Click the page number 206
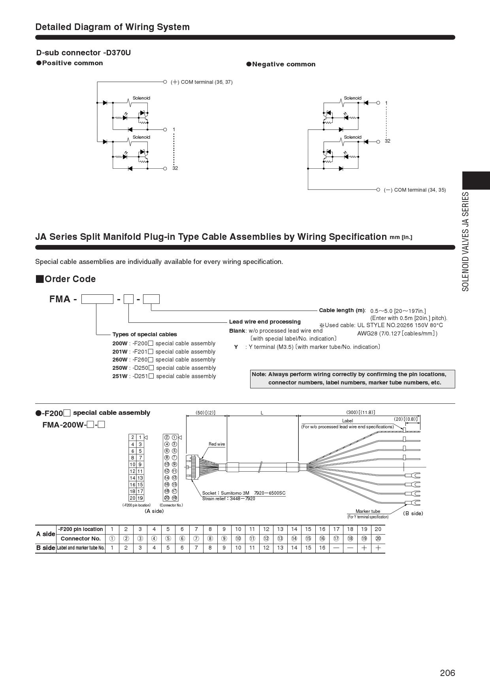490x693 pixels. (x=447, y=672)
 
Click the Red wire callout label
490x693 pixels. (x=217, y=444)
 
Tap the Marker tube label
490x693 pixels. (x=367, y=511)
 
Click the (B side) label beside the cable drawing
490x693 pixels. (x=413, y=513)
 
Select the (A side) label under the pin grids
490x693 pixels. (x=154, y=511)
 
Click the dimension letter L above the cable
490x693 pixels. (x=262, y=413)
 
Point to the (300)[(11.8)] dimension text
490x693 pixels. (x=360, y=412)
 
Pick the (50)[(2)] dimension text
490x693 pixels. (x=205, y=413)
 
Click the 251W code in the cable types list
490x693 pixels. (x=120, y=376)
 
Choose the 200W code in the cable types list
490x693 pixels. (x=120, y=343)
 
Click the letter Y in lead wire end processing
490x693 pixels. (x=236, y=347)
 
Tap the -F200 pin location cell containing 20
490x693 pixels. (x=378, y=529)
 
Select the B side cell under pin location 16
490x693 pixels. (x=322, y=548)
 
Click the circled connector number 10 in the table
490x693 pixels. (x=238, y=539)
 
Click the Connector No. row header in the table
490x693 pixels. (x=81, y=539)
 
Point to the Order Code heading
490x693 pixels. (x=70, y=279)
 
